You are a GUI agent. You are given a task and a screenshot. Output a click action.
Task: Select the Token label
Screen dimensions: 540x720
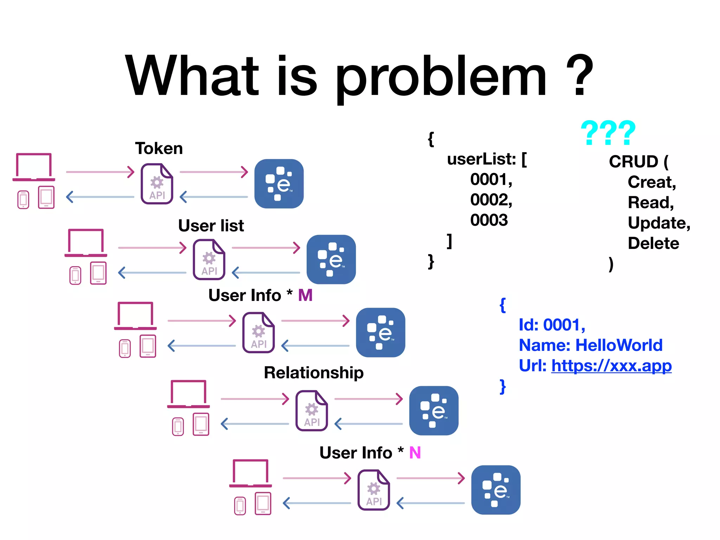click(x=159, y=148)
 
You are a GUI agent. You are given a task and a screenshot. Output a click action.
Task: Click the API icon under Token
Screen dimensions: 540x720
click(x=157, y=184)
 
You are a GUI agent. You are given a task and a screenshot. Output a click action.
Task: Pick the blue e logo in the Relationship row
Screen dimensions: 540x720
click(x=434, y=411)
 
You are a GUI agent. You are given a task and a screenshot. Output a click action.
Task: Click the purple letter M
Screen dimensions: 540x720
click(x=305, y=295)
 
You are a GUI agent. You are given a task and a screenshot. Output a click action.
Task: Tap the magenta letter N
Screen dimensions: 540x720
click(x=415, y=453)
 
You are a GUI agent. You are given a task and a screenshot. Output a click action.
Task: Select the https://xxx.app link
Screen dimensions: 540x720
click(x=611, y=366)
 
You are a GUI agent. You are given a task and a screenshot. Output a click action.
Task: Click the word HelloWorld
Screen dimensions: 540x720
click(x=619, y=345)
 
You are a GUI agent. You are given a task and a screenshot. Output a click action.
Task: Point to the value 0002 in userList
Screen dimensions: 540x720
click(x=491, y=200)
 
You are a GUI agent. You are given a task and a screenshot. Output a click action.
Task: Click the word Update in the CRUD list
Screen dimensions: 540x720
click(x=658, y=223)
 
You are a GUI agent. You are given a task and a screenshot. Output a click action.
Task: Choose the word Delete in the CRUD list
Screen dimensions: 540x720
click(x=653, y=243)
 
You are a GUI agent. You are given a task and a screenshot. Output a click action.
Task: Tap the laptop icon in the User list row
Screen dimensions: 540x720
click(x=86, y=243)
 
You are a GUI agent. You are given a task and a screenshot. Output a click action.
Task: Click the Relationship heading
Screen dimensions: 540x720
click(x=314, y=373)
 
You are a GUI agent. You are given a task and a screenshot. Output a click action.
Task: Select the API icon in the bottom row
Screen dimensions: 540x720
click(x=374, y=490)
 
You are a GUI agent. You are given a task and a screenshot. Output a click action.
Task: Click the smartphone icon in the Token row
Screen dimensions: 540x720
click(x=23, y=199)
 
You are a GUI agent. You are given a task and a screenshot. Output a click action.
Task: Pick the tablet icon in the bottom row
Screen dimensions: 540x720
click(x=263, y=504)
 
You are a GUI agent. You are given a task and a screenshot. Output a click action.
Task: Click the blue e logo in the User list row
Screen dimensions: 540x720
click(x=331, y=259)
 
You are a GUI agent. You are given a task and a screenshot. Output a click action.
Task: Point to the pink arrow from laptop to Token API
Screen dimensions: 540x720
click(x=100, y=172)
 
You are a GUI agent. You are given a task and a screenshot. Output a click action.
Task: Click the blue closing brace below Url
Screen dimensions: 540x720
click(x=503, y=386)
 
